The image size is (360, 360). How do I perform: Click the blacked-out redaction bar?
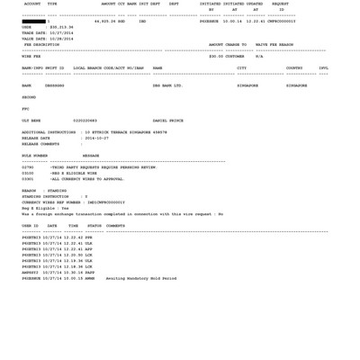tap(33, 21)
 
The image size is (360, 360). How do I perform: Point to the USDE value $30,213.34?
tap(62, 27)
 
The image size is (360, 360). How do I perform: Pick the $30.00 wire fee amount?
tap(216, 56)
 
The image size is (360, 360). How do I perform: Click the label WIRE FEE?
tap(31, 56)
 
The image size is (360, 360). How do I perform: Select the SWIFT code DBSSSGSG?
tap(54, 85)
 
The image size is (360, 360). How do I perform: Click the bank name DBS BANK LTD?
tap(167, 85)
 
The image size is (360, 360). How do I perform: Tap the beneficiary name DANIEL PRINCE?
tap(168, 121)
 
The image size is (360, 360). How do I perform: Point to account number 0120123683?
tap(85, 121)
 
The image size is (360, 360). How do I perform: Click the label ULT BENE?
tap(31, 121)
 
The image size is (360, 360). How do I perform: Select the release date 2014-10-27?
tap(96, 138)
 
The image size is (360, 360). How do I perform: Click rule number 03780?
tap(28, 167)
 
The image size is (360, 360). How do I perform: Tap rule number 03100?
tap(28, 173)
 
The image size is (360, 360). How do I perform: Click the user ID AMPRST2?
tap(31, 273)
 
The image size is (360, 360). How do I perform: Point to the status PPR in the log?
tap(89, 238)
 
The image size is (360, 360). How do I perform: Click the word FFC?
tap(25, 109)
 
